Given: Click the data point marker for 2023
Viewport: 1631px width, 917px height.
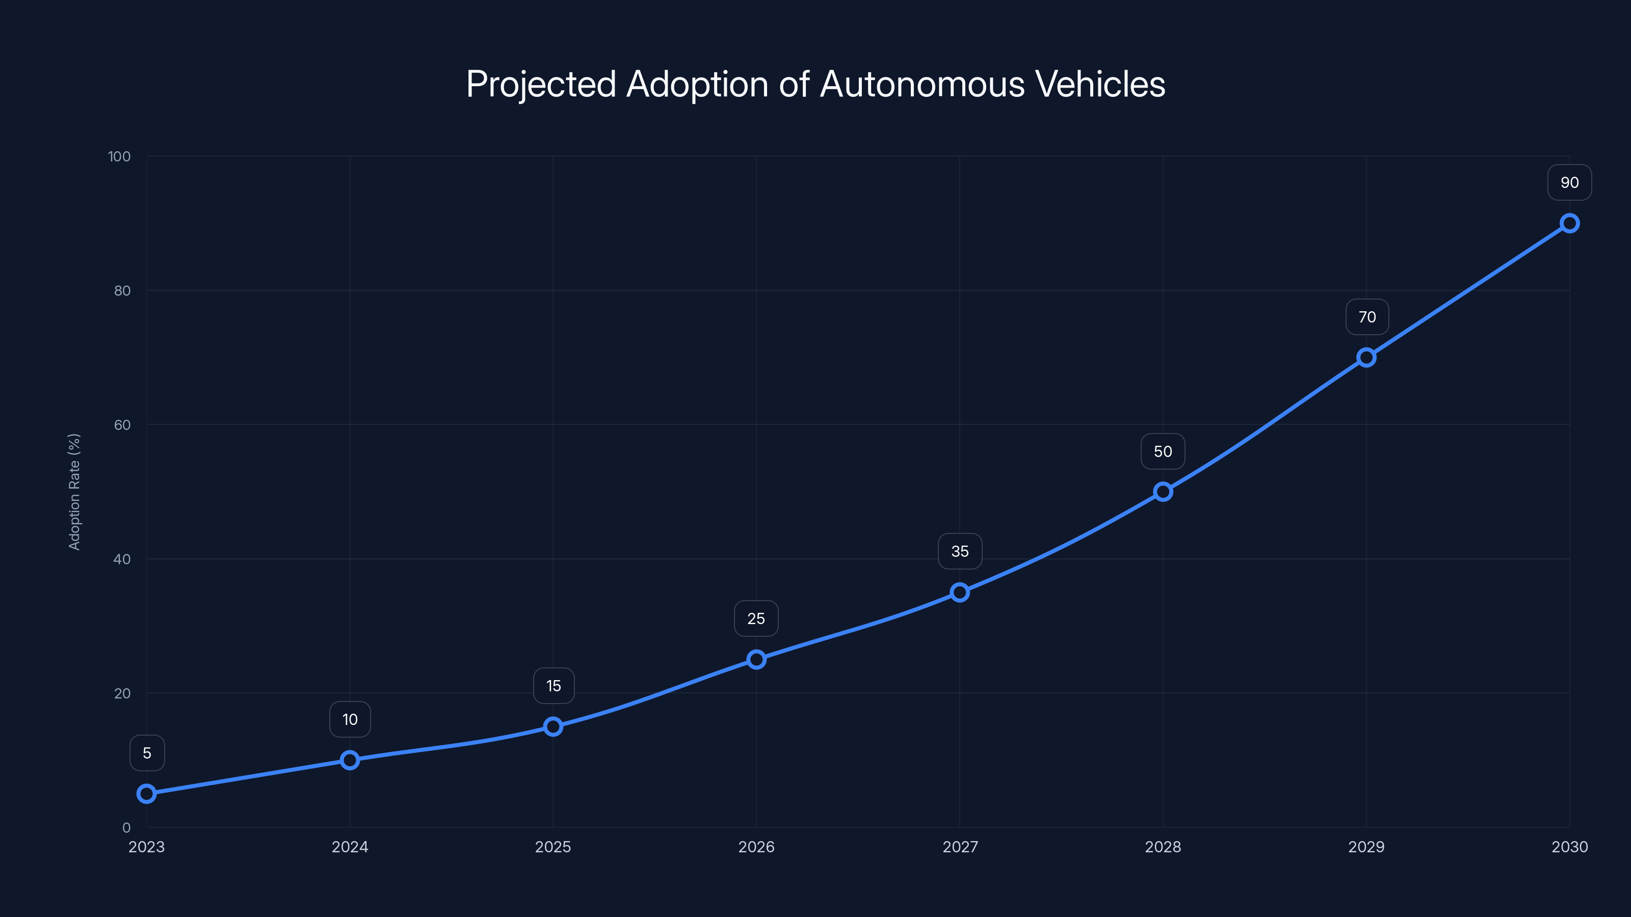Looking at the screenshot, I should [146, 793].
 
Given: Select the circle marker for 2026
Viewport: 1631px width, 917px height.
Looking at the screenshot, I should [756, 659].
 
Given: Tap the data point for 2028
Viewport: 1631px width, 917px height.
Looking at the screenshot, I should [1163, 492].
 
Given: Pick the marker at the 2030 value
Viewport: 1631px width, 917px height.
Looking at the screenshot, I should [1569, 224].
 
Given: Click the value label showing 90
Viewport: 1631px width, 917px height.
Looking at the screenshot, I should [1569, 183].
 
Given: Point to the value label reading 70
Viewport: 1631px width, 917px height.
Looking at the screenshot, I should [1366, 317].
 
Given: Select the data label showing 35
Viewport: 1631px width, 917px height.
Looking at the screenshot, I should [960, 551].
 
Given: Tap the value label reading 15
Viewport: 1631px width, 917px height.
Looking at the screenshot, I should [554, 686].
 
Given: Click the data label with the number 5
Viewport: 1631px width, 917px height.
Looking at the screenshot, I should [147, 753].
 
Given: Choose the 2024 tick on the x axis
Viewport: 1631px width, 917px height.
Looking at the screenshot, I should [350, 847].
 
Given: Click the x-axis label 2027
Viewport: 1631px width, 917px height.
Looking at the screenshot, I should [960, 847].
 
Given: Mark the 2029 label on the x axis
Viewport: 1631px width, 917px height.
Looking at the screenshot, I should [1366, 847].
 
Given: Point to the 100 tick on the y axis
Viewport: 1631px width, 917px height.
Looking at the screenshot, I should [119, 156].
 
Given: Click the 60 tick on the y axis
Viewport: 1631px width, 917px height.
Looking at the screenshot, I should [122, 425].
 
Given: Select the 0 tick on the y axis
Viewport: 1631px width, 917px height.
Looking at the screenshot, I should [126, 827].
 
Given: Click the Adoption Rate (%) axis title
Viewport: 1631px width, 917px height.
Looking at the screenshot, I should [74, 492].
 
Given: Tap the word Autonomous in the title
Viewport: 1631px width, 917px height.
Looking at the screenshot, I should [922, 84].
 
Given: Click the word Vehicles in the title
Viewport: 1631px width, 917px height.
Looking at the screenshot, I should [1100, 84].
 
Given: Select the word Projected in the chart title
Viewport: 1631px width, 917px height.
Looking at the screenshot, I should [541, 84].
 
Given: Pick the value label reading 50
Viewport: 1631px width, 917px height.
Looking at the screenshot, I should [1163, 451].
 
